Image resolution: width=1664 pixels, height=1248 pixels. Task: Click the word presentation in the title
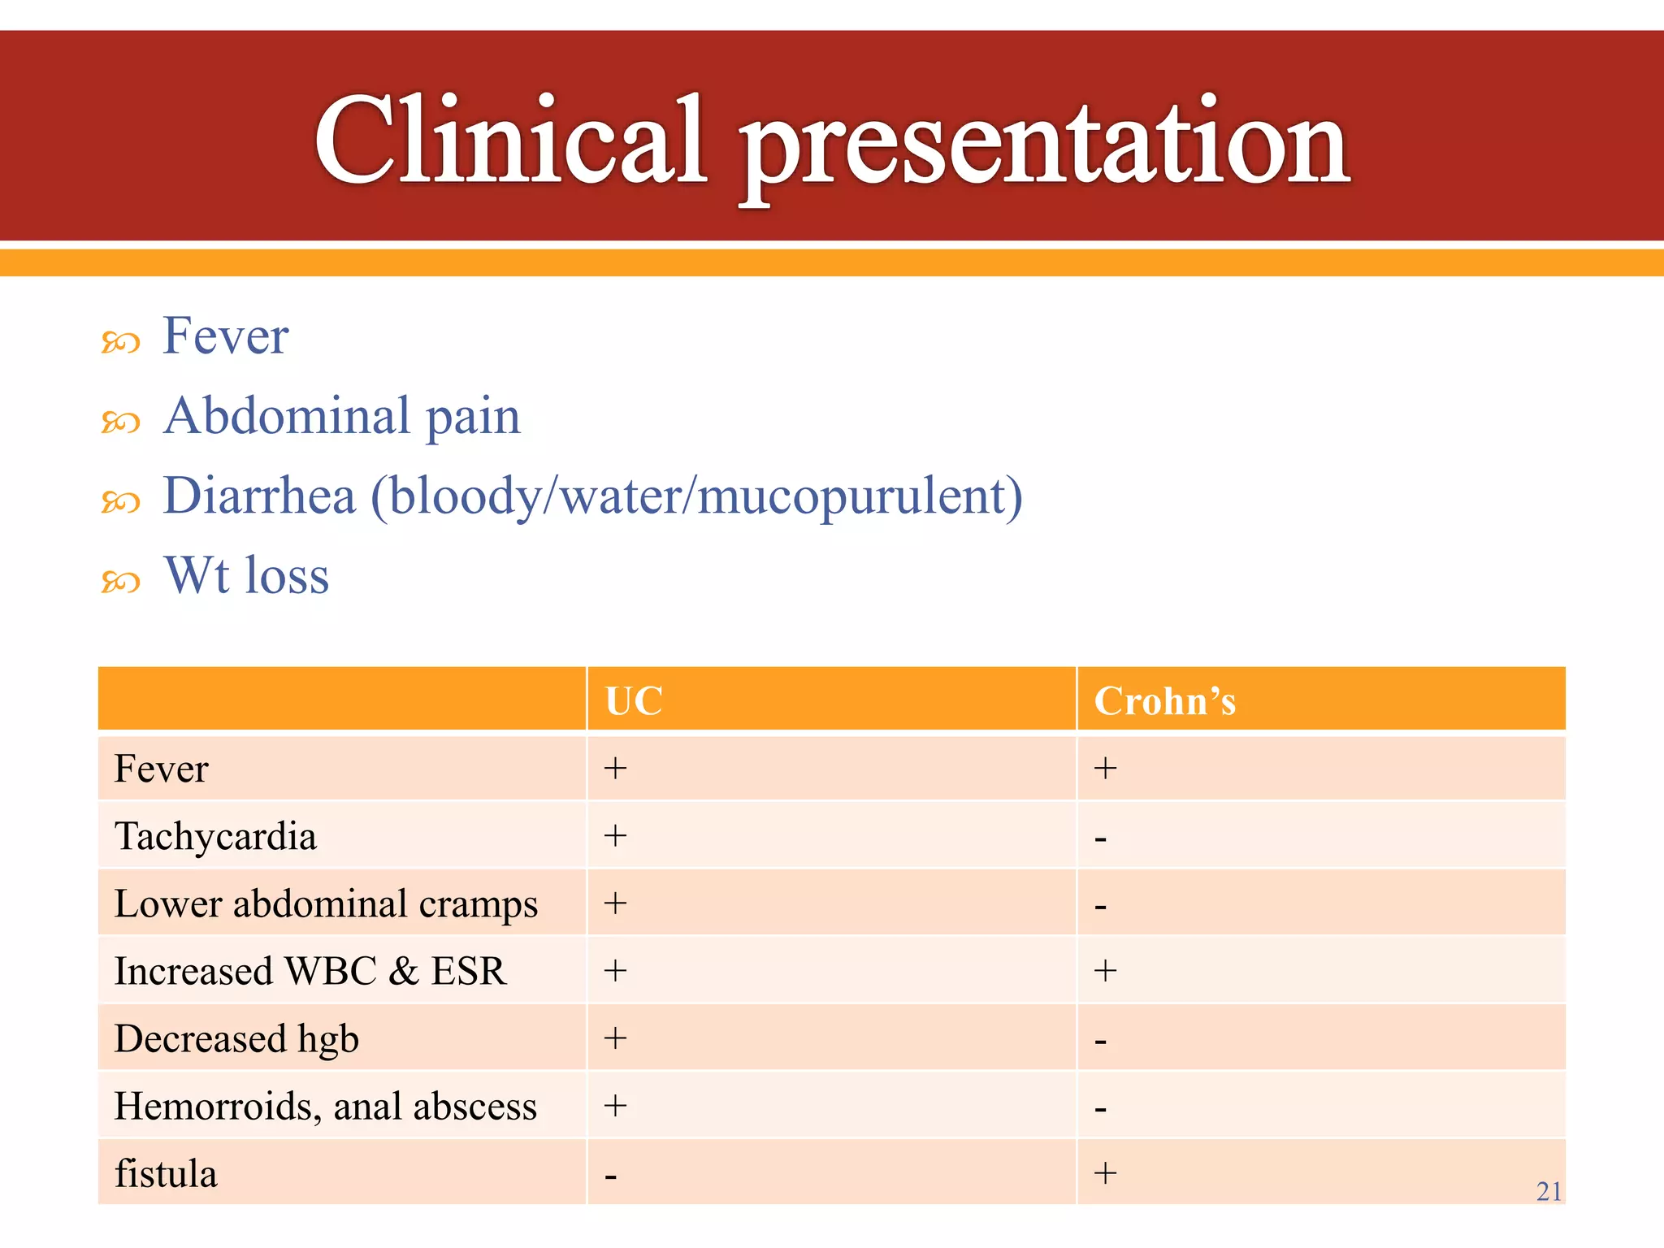[1045, 146]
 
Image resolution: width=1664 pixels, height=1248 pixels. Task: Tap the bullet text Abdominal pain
[341, 416]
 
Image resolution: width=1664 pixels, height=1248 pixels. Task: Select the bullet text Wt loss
[246, 576]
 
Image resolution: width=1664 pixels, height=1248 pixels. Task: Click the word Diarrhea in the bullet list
[259, 496]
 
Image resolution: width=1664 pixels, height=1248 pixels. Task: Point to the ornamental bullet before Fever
[120, 343]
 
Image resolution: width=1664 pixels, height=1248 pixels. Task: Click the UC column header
[634, 701]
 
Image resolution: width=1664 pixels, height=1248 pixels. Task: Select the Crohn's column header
[1164, 701]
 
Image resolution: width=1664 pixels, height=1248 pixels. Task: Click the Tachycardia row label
[215, 836]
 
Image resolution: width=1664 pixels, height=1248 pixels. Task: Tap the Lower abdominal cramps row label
[326, 903]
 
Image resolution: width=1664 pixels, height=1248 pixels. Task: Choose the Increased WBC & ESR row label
[310, 971]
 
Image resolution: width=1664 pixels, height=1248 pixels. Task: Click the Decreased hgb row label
[236, 1038]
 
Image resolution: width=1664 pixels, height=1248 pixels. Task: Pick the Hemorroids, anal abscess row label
[325, 1106]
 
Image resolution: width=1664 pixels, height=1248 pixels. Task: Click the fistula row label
[166, 1173]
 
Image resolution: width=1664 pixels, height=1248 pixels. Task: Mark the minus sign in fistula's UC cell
[611, 1176]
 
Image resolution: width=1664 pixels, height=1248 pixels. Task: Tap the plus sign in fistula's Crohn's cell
[1105, 1172]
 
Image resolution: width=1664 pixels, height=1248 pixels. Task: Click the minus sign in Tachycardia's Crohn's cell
[1100, 838]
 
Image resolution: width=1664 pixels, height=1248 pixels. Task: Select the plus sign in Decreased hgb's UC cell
[615, 1038]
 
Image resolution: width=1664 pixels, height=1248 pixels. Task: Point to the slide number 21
[1549, 1191]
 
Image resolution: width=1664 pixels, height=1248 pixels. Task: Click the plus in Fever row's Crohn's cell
[1105, 768]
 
